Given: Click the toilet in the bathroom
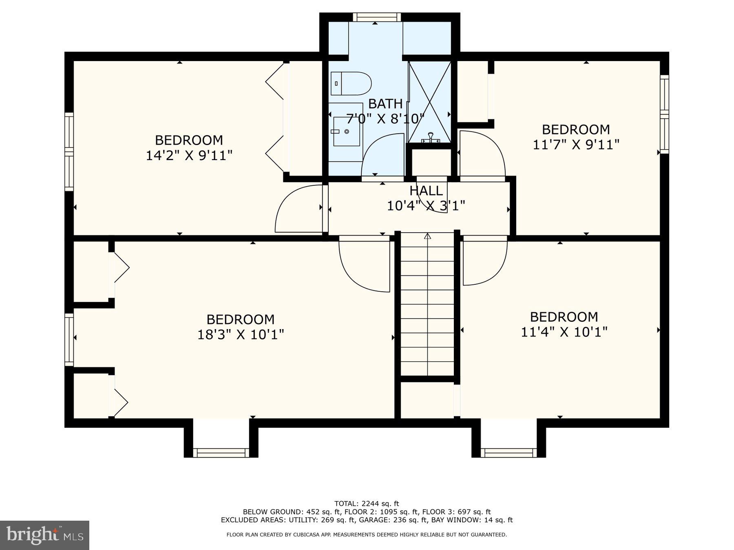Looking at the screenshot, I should click(x=351, y=83).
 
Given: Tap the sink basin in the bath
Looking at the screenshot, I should click(x=347, y=131).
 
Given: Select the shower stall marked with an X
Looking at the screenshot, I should click(x=429, y=102).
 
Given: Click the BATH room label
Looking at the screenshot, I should click(x=385, y=103).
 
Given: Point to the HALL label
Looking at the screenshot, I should click(x=426, y=191).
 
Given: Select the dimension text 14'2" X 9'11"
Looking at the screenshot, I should click(x=189, y=155).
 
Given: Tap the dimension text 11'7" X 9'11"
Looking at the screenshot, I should click(x=576, y=145).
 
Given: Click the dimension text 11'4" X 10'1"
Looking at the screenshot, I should click(x=564, y=332).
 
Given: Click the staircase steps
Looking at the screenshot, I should click(x=427, y=306).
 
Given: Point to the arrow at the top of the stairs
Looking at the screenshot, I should click(x=427, y=236).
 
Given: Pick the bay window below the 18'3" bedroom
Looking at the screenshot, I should click(x=221, y=452).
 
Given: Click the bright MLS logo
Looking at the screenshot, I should click(x=44, y=535).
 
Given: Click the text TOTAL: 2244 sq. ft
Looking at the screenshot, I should click(x=367, y=504).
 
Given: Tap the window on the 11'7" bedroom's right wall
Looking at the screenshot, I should click(x=664, y=114).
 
